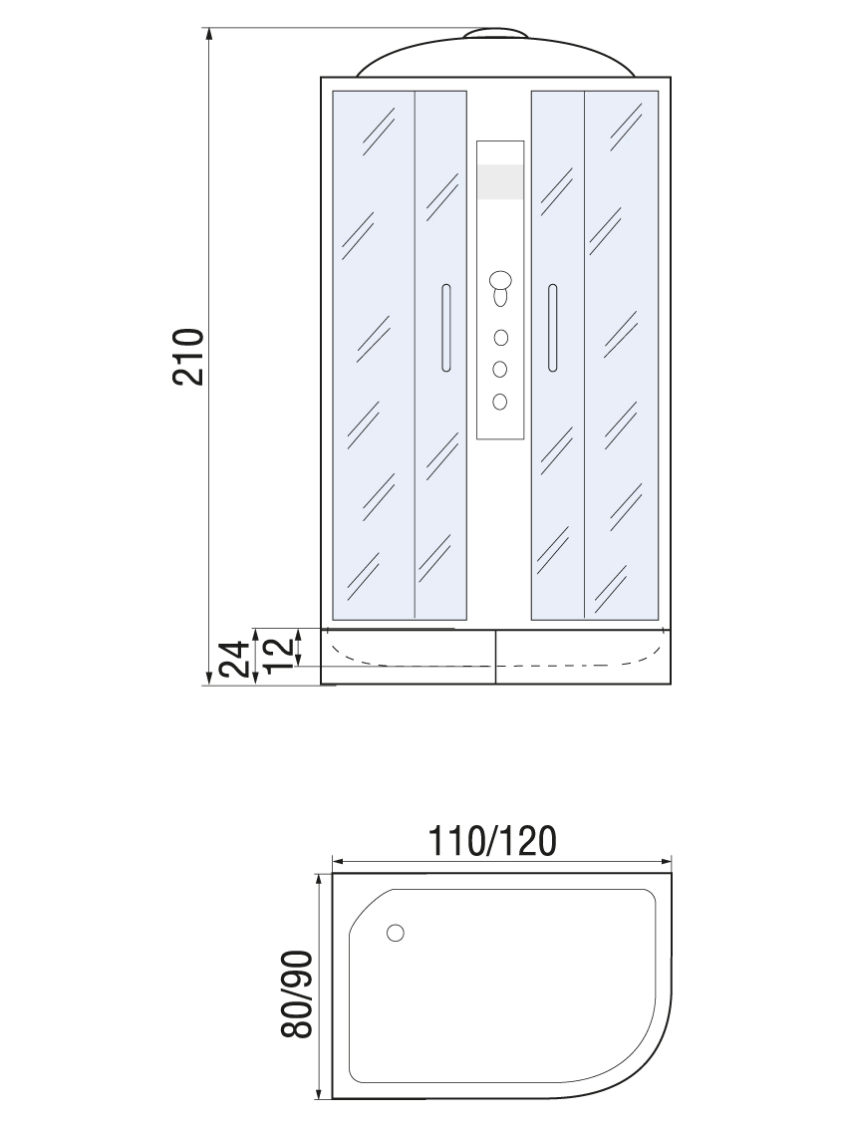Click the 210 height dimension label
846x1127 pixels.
[189, 357]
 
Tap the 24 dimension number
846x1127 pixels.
[236, 659]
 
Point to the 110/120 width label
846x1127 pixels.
[492, 840]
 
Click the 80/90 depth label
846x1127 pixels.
[297, 994]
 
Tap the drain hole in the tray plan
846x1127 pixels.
[395, 933]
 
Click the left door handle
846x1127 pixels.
[445, 328]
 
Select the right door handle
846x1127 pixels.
[552, 328]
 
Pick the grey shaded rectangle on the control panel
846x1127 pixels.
[499, 181]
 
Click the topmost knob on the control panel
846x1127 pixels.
[500, 279]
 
